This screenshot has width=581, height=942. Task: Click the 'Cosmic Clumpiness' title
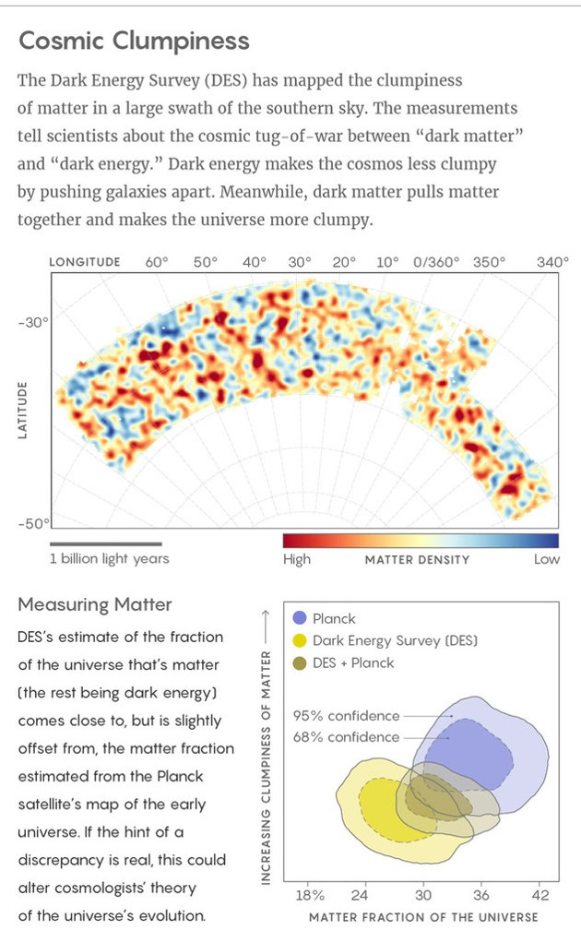tap(135, 41)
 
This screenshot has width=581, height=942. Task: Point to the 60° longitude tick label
tap(157, 262)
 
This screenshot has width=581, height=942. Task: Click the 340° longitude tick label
tap(552, 262)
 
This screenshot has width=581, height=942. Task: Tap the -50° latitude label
tap(33, 524)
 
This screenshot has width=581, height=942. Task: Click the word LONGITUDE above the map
tap(85, 262)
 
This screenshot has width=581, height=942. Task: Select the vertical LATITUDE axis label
tap(22, 411)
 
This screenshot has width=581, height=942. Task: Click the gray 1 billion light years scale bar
tap(105, 543)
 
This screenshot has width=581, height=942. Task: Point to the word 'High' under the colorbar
tap(297, 559)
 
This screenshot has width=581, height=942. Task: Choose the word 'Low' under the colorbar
tap(546, 559)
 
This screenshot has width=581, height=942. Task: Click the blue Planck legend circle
tap(299, 618)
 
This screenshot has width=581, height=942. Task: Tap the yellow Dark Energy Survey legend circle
tap(299, 640)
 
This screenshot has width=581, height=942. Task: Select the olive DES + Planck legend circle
tap(299, 662)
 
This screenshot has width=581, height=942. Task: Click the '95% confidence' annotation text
tap(347, 715)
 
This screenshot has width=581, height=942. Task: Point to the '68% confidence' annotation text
tap(347, 737)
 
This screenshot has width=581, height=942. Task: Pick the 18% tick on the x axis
tap(309, 894)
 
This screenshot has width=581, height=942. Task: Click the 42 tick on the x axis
tap(540, 894)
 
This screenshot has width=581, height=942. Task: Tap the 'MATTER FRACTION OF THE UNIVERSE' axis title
tap(423, 917)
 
